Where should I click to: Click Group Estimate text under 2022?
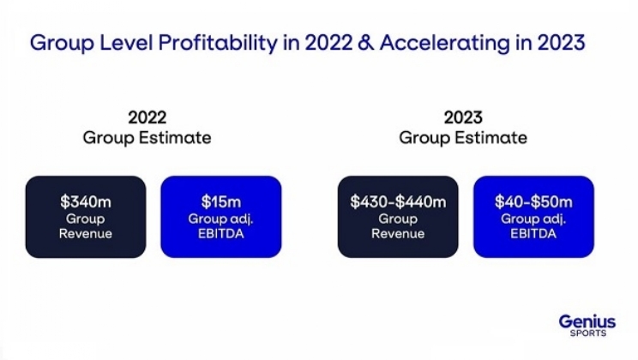coord(147,137)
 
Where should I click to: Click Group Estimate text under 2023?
coord(463,137)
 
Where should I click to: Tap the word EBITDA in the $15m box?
coord(220,233)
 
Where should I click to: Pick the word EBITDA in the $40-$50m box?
coord(533,233)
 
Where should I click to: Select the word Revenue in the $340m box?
coord(86,233)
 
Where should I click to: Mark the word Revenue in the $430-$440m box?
coord(398,233)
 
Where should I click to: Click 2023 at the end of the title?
coord(561,43)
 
